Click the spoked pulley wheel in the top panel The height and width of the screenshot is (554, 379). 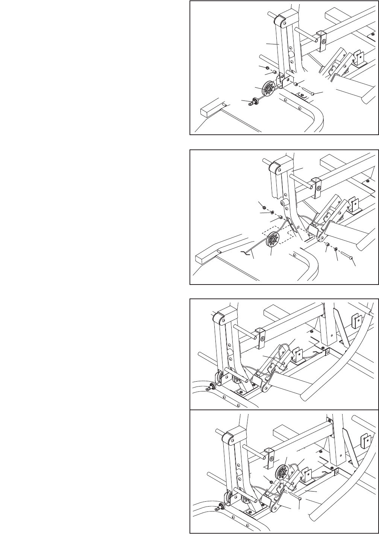pos(269,90)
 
